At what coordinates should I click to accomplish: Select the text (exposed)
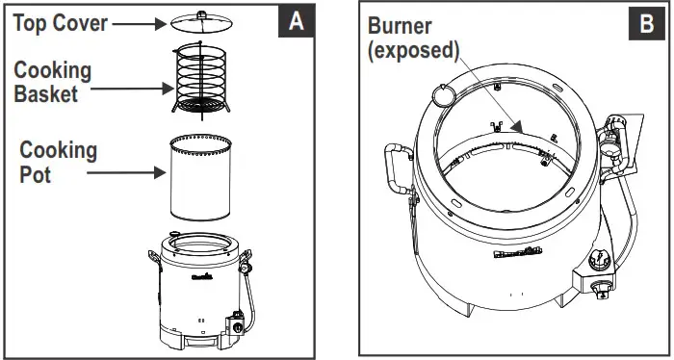click(413, 51)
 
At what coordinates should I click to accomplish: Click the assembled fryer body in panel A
click(200, 293)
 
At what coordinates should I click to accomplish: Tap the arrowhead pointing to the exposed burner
click(518, 128)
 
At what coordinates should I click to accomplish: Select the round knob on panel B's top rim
click(443, 94)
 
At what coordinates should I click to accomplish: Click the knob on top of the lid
click(204, 13)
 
